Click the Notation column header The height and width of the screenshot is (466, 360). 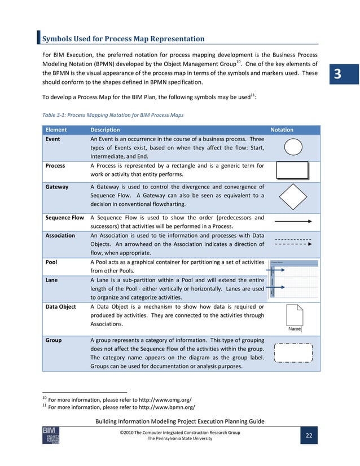tap(282, 130)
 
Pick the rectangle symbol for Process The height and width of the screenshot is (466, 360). tap(292, 170)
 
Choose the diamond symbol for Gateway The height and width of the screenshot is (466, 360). tap(292, 196)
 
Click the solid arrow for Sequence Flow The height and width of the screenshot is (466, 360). tap(292, 222)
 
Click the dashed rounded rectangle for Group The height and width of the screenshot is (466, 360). tap(292, 353)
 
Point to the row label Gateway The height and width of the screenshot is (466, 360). tap(57, 187)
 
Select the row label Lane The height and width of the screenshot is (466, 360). tap(52, 280)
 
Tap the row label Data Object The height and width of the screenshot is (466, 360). tap(60, 306)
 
